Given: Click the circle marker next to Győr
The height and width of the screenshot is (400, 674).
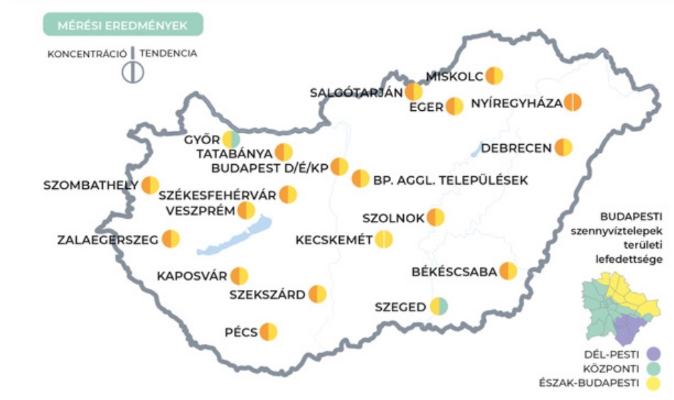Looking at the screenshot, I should click(231, 140).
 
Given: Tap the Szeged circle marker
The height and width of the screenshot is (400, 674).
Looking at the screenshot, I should click(439, 307).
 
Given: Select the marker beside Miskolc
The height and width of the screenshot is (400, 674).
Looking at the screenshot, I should click(494, 76).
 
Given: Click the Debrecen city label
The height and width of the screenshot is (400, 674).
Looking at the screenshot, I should click(516, 148).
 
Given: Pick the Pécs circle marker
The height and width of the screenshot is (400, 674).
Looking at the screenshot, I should click(268, 332).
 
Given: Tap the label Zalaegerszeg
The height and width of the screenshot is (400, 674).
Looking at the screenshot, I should click(107, 239).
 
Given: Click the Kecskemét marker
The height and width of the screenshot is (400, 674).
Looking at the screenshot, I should click(384, 239).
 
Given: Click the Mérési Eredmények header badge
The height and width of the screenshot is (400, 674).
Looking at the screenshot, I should click(122, 26).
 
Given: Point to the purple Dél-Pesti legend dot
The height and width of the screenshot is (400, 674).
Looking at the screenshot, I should click(654, 353).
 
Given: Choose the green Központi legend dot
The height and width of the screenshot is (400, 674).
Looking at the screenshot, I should click(654, 368).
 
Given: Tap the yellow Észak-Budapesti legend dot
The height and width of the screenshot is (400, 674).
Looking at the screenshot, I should click(654, 384).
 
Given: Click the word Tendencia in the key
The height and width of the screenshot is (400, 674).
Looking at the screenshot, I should click(168, 53).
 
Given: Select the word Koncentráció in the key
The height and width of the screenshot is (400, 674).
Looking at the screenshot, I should click(87, 53).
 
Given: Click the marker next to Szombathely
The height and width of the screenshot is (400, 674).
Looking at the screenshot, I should click(150, 185).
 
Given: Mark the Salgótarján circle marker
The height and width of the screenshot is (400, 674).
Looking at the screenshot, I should click(413, 92).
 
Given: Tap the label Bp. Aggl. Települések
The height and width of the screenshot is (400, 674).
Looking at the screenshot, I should click(450, 180).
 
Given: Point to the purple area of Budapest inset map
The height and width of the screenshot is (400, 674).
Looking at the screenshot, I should click(627, 330).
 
